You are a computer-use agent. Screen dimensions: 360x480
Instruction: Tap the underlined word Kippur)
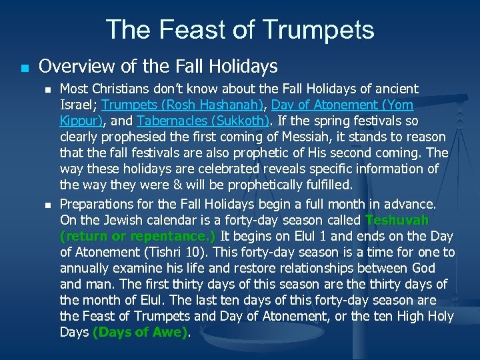81,121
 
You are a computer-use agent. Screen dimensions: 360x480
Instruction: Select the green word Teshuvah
397,220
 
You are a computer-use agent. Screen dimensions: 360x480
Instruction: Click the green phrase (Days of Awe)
139,333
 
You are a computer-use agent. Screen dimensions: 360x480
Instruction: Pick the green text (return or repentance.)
137,236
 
